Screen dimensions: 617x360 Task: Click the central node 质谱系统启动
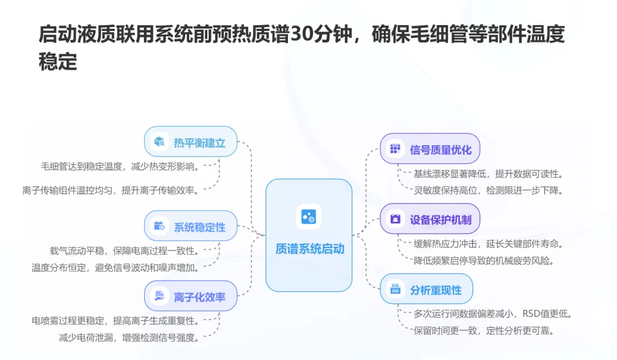(309, 249)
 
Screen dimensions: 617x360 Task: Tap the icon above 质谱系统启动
(308, 217)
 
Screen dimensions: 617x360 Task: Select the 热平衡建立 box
(190, 142)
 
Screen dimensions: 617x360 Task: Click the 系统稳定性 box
(190, 226)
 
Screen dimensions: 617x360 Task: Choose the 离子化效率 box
(190, 296)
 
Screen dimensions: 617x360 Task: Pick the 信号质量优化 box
(430, 149)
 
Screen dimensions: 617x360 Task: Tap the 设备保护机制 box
(430, 219)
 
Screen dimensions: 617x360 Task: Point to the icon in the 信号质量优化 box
(395, 149)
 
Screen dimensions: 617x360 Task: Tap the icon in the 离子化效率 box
(158, 296)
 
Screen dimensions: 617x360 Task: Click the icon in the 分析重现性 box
(395, 289)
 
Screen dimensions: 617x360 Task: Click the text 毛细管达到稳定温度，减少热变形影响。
(120, 166)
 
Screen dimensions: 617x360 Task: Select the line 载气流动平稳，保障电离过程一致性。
(124, 250)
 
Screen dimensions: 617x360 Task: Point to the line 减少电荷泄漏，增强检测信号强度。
(129, 338)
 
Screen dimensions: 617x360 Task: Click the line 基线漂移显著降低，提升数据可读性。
(488, 174)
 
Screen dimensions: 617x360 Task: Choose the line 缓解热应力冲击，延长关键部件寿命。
(488, 244)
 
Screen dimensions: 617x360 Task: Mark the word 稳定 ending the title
(58, 62)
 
